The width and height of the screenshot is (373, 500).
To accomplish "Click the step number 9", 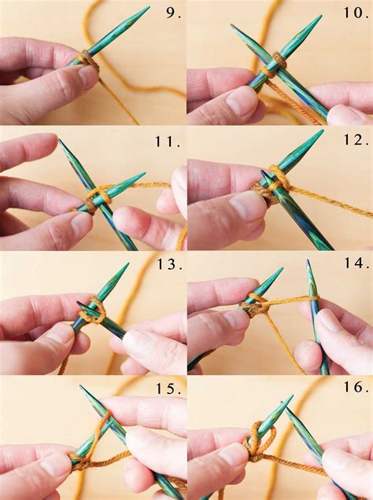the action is point(174,13).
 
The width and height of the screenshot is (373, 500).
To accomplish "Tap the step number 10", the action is point(356,13).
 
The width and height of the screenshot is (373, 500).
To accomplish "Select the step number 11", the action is point(168,142).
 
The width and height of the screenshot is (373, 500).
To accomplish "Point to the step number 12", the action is point(354,140).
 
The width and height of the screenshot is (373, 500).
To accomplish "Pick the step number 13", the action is point(170,264).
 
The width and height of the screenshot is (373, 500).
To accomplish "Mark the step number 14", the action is point(354,263).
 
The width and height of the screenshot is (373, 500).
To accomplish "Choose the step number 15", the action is point(169,388).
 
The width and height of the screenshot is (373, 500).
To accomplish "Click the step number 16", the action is point(354,387).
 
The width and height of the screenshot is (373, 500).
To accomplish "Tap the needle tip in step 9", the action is point(149,7).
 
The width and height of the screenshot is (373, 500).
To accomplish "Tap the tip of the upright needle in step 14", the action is point(308,261).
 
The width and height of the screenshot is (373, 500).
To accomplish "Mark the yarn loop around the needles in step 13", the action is point(93,310).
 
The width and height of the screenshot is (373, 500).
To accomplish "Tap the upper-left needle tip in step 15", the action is point(81,387).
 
